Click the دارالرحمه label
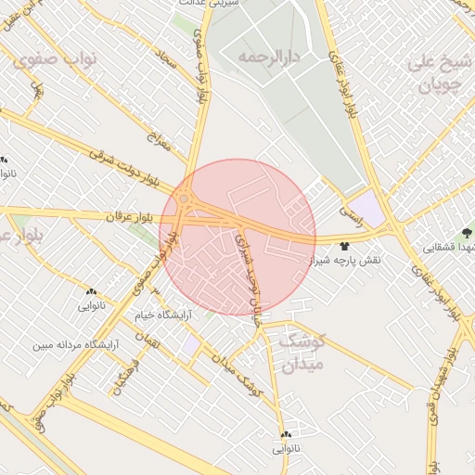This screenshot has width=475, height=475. pos(268,58)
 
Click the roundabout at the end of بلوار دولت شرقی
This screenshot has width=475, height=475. pos(185,199)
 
